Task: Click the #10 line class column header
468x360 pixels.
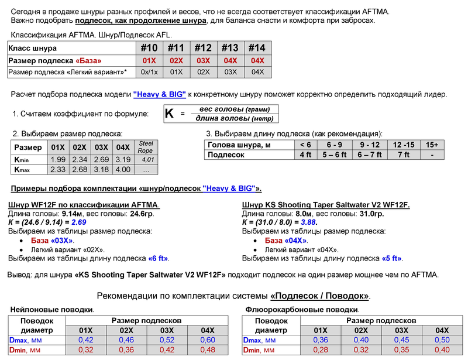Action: click(x=149, y=49)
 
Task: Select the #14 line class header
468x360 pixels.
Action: click(x=257, y=49)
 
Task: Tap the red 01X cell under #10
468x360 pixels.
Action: click(x=149, y=61)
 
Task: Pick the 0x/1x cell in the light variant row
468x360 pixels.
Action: click(x=149, y=72)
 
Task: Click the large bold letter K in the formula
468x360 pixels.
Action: click(x=169, y=114)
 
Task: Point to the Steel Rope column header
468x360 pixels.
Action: click(x=145, y=146)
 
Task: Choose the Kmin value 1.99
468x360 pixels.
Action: click(x=58, y=159)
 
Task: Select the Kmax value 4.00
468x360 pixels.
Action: click(x=123, y=170)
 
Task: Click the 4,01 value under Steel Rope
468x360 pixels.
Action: click(x=147, y=159)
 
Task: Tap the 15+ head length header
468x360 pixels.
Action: click(x=432, y=145)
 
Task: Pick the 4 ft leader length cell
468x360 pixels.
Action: click(x=305, y=155)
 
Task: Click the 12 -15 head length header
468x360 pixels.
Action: click(x=403, y=145)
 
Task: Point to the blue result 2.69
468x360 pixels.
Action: click(x=79, y=222)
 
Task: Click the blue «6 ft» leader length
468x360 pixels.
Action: click(x=158, y=258)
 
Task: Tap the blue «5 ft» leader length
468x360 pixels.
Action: click(x=392, y=258)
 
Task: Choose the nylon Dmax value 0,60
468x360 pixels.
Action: click(x=208, y=340)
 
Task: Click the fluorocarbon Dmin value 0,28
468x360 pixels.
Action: click(x=320, y=350)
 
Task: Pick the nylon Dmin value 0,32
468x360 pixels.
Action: click(x=86, y=350)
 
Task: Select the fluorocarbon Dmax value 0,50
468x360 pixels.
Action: click(x=442, y=340)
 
